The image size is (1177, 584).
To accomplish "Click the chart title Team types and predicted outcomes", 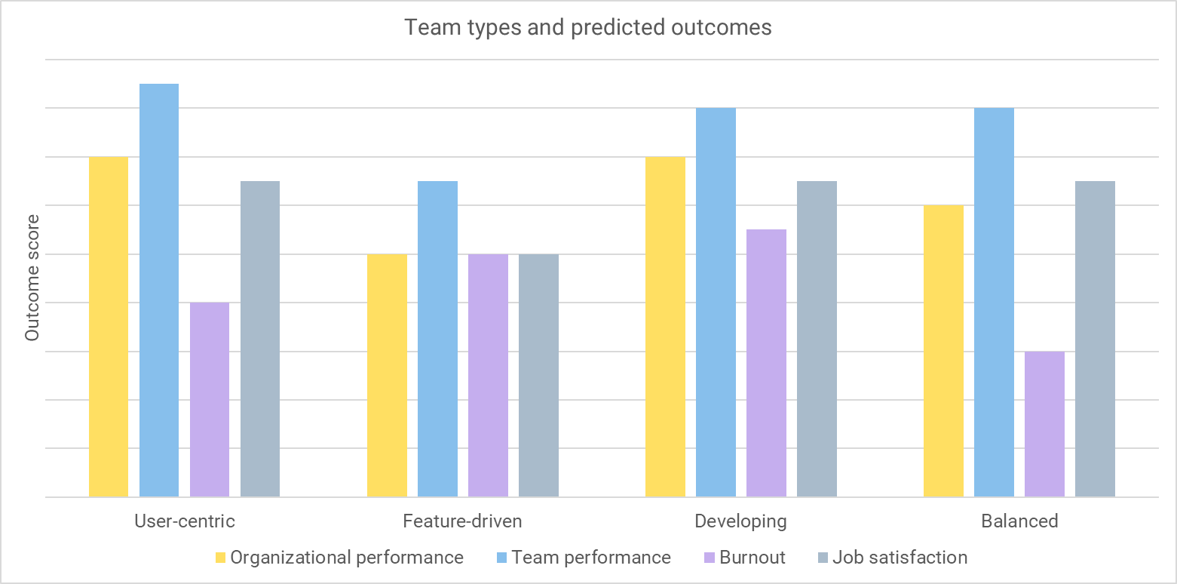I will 588,28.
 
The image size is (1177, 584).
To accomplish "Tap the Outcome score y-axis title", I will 32,278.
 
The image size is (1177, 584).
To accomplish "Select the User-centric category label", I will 184,521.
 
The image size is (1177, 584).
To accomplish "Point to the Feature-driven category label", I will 462,521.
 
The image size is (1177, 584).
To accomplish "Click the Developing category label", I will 740,521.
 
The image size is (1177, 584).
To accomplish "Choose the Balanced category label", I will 1019,521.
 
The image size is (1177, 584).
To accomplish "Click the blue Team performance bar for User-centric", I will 159,290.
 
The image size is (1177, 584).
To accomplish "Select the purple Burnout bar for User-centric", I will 210,400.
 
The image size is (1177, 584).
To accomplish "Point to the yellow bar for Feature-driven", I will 387,376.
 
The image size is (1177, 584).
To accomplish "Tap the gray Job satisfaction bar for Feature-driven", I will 538,376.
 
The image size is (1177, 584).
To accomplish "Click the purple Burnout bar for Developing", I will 766,363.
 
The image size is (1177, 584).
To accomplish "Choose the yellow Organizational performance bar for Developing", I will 665,327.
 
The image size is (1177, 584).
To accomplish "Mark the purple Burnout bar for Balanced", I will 1044,424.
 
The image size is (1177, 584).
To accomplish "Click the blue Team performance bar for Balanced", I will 994,303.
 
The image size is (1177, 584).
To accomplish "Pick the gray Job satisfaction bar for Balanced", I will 1095,339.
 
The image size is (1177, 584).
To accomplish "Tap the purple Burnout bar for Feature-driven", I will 488,376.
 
